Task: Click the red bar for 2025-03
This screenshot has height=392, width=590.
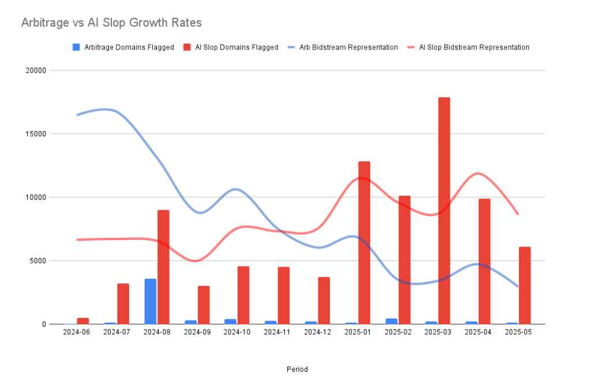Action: tap(444, 211)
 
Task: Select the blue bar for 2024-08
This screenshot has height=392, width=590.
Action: tap(150, 301)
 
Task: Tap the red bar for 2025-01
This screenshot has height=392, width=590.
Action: tap(364, 242)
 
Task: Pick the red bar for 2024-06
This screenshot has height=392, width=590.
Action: tap(83, 321)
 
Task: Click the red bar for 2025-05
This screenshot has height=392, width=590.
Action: tap(524, 285)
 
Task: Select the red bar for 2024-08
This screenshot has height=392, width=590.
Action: tap(163, 267)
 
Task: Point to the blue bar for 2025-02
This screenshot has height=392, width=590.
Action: tap(391, 321)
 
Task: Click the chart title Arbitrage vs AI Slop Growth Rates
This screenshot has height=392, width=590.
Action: tap(111, 23)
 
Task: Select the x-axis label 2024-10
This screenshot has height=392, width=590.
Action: tap(236, 333)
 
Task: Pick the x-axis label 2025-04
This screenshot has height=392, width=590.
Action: tap(478, 333)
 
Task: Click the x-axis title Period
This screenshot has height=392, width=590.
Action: tap(297, 369)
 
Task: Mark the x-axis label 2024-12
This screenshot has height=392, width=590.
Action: tap(317, 333)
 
